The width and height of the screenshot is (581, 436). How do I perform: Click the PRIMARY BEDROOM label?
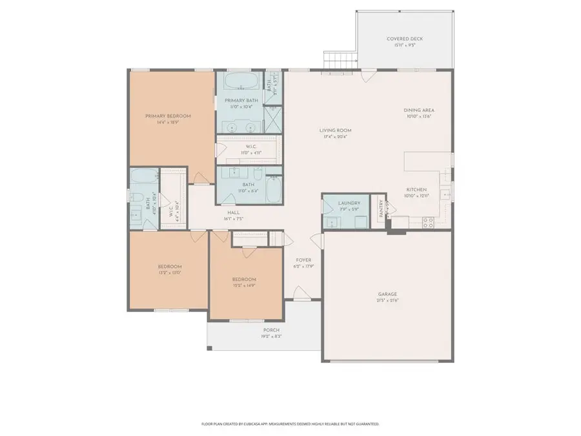click(x=168, y=116)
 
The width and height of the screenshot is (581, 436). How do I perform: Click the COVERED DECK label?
click(x=405, y=39)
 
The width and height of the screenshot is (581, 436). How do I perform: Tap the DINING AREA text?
click(x=418, y=110)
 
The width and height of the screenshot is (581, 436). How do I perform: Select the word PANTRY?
click(x=381, y=208)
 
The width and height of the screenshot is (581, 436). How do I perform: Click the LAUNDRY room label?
click(x=349, y=203)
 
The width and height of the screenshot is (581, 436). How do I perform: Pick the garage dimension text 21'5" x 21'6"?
click(x=387, y=300)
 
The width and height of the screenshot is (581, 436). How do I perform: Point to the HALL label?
click(x=234, y=213)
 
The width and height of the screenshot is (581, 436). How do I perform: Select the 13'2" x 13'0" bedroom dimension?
click(x=170, y=273)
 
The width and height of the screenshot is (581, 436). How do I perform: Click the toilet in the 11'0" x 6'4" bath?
click(x=256, y=174)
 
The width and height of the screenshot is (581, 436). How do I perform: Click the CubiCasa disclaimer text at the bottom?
click(x=290, y=424)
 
